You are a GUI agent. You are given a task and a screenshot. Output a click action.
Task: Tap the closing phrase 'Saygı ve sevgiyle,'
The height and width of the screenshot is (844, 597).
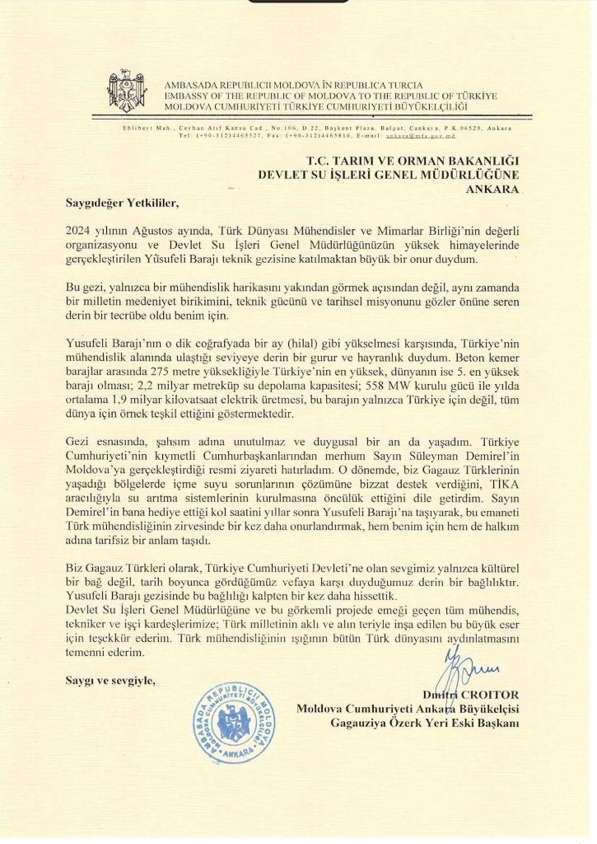[110, 681]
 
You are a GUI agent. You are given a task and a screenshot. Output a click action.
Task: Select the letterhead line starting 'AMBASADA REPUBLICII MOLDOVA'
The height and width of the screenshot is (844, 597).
[293, 85]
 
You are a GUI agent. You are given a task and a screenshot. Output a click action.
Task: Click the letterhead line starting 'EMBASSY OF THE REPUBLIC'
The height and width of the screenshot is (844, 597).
[331, 96]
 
